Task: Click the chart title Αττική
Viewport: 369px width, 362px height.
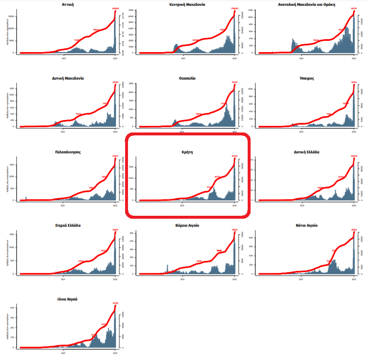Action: coord(68,5)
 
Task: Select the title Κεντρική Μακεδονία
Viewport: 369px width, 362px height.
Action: coord(187,5)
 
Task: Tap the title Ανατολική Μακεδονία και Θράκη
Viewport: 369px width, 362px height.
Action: coord(306,5)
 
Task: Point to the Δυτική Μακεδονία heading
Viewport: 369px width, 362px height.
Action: coord(68,78)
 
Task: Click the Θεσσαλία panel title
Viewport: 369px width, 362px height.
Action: coord(187,78)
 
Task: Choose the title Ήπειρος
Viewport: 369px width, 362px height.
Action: coord(306,78)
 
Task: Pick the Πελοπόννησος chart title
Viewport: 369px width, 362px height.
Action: coord(68,152)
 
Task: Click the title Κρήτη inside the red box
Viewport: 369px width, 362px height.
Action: coord(187,152)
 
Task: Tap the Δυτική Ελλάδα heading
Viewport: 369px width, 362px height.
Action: coord(306,152)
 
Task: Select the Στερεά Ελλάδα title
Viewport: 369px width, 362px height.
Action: coord(68,225)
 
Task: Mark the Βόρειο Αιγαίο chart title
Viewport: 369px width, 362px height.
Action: coord(187,225)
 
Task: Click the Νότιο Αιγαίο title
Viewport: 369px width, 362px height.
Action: coord(306,225)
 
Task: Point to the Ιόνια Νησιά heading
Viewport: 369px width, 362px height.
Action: coord(68,299)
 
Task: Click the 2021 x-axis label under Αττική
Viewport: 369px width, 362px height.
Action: coord(63,59)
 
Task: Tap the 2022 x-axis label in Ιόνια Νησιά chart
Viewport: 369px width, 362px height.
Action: coord(115,353)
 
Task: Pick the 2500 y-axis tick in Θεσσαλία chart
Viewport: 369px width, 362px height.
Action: coord(131,83)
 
